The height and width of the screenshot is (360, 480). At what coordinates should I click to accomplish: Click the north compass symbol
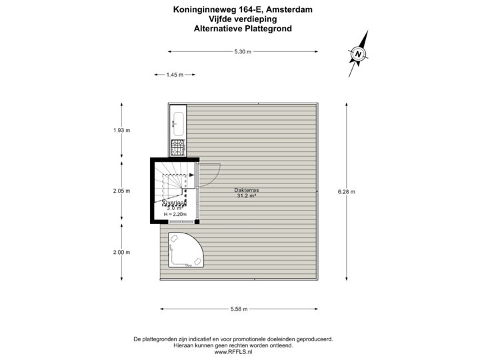pos(359,53)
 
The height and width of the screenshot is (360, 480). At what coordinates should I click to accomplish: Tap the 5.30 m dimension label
pos(243,51)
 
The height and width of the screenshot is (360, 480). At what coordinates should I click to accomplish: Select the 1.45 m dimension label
pos(174,75)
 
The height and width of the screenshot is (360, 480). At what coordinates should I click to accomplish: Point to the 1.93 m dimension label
pos(121,131)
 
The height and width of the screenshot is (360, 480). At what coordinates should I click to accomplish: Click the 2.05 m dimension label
pos(121,191)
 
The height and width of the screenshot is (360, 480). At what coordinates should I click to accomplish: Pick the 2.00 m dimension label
pos(121,252)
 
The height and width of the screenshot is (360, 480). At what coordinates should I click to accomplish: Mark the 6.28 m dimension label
pos(347,191)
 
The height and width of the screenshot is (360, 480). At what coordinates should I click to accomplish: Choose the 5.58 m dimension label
pos(239,309)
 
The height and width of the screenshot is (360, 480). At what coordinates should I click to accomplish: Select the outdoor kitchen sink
pos(178,121)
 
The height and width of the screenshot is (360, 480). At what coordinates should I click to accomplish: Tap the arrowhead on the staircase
pos(191,175)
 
